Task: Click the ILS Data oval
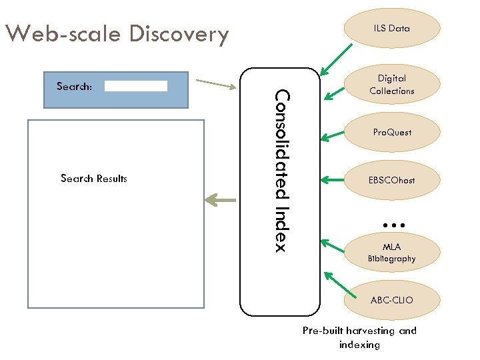pos(391,28)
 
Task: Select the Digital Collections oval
pos(391,85)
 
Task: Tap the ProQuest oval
pos(391,132)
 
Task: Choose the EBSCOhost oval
pos(391,180)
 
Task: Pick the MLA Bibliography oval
pos(391,253)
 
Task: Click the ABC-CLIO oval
pos(391,300)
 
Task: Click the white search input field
pos(136,86)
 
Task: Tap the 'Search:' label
pos(75,86)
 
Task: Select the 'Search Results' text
pos(93,179)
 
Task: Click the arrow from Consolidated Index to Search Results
pos(220,199)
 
